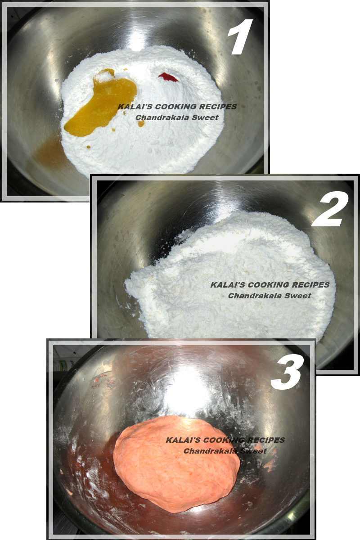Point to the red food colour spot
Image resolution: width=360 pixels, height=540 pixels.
pyautogui.click(x=169, y=76)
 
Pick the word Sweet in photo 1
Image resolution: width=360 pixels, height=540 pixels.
pyautogui.click(x=208, y=117)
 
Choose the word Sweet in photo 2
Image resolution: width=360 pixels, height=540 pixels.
pyautogui.click(x=301, y=296)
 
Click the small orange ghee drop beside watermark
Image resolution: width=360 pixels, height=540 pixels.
pyautogui.click(x=141, y=123)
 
